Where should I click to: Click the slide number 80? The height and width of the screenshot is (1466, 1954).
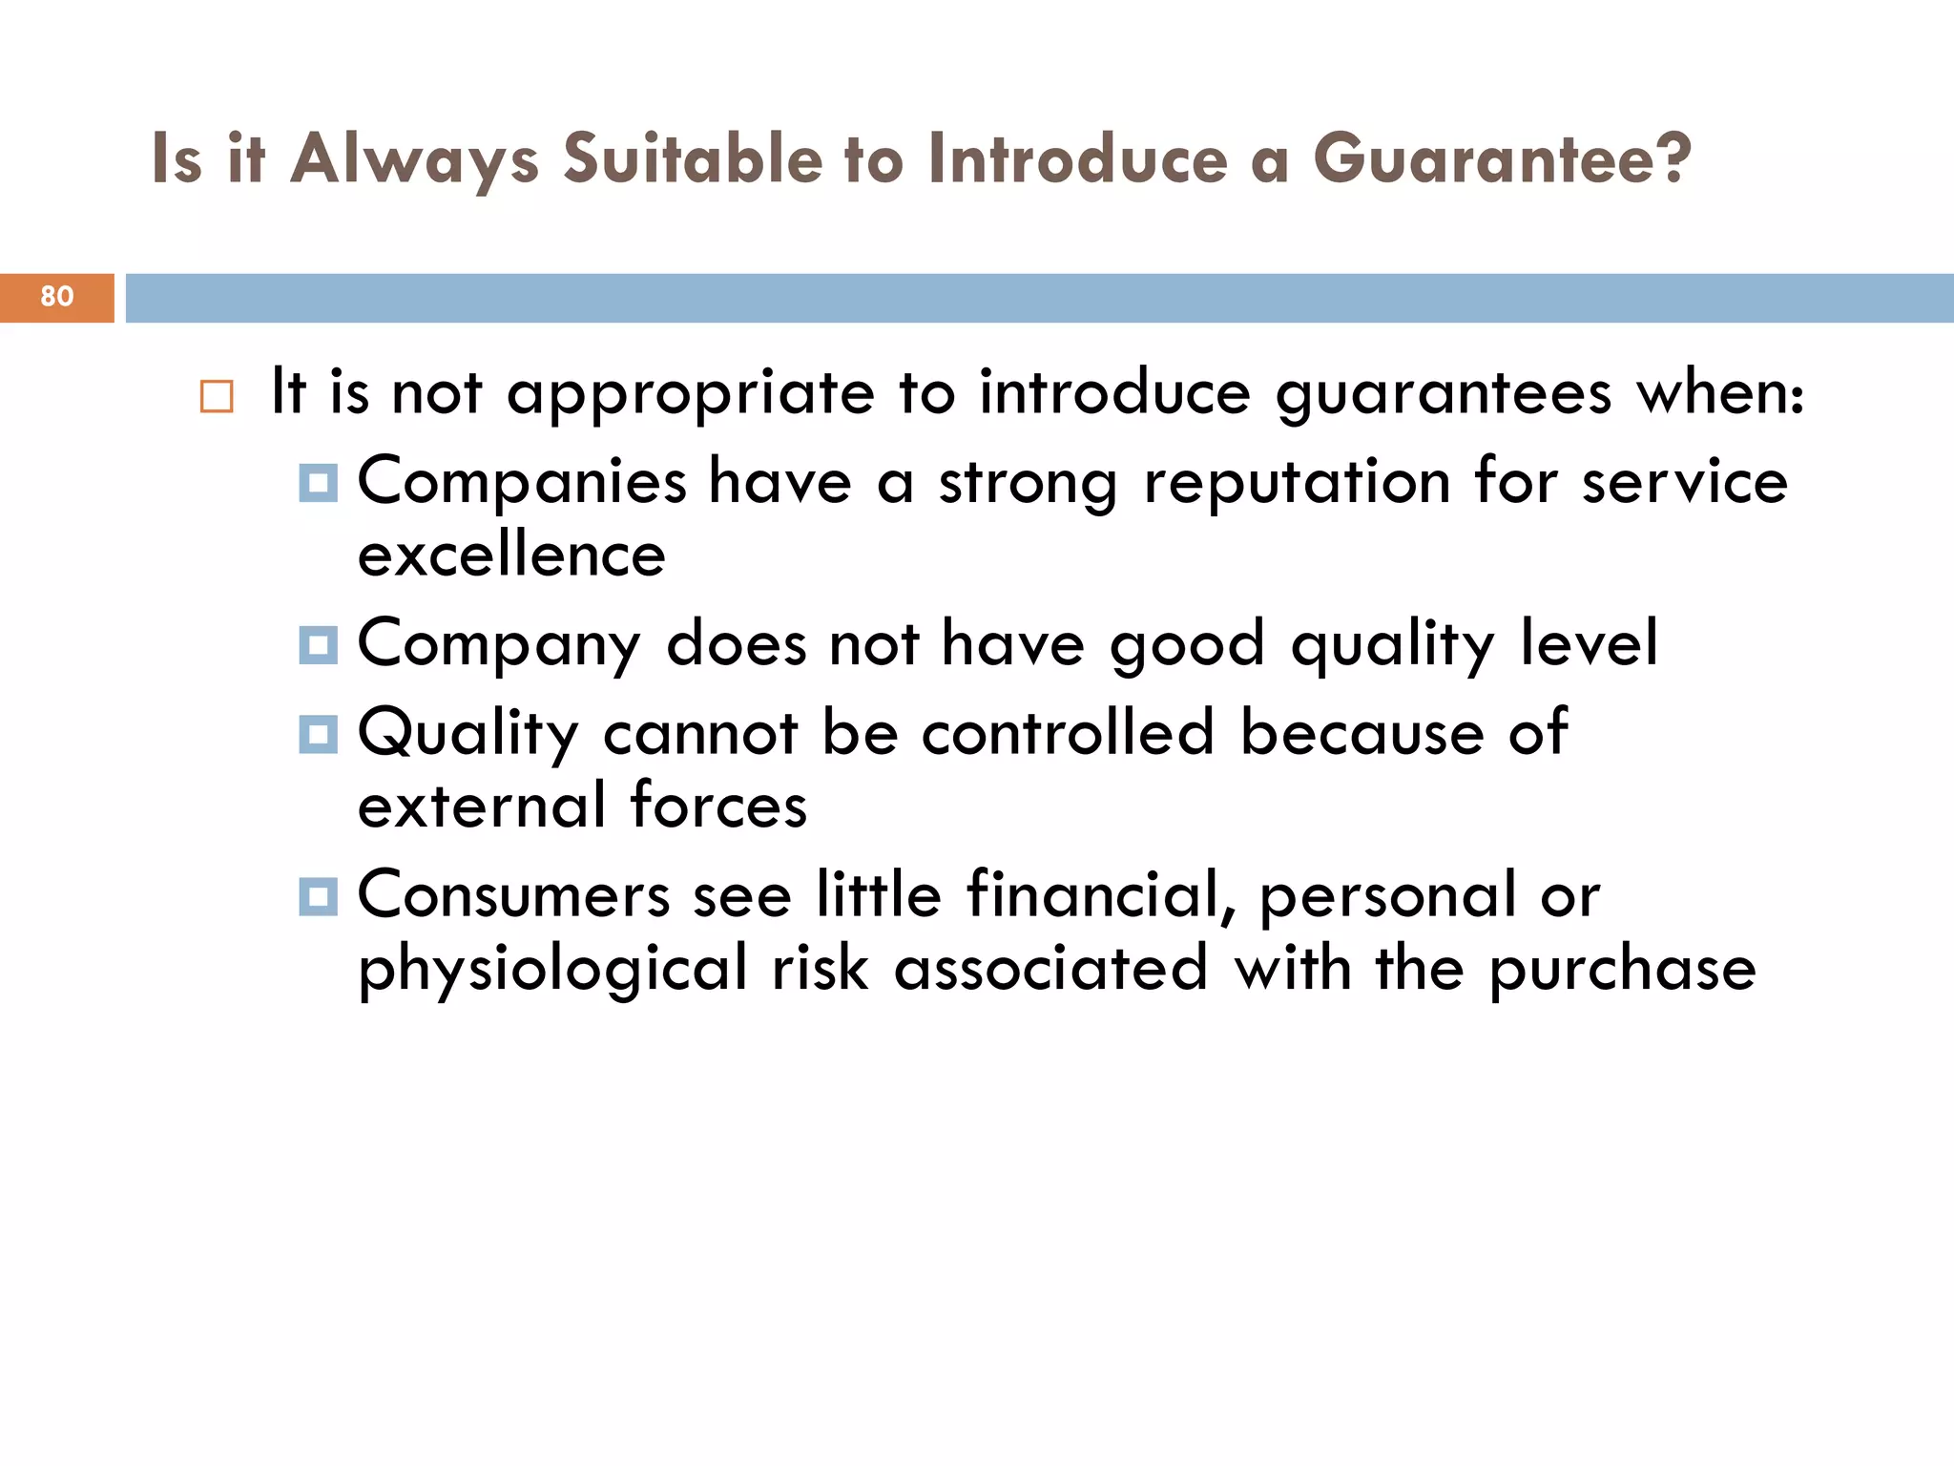click(57, 297)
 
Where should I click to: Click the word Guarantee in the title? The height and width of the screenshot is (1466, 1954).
click(1502, 159)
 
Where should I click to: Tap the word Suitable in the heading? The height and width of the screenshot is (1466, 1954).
click(692, 159)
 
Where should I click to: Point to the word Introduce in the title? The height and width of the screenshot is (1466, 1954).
click(1078, 159)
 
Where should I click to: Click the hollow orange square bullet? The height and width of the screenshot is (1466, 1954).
click(217, 396)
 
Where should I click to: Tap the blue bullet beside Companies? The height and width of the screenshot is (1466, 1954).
click(318, 483)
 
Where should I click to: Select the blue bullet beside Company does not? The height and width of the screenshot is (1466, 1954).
click(318, 645)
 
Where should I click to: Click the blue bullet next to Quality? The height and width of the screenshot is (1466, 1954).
click(318, 734)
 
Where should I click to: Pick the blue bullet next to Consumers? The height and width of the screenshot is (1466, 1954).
click(318, 896)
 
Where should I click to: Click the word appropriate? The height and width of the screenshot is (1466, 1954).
click(690, 394)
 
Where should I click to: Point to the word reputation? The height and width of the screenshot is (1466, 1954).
click(1297, 483)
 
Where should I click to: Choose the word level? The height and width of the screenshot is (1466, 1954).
click(1589, 643)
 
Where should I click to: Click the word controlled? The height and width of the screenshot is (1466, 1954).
click(1068, 733)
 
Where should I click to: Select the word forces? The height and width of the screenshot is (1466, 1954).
click(718, 806)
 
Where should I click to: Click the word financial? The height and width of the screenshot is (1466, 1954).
click(1101, 895)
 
